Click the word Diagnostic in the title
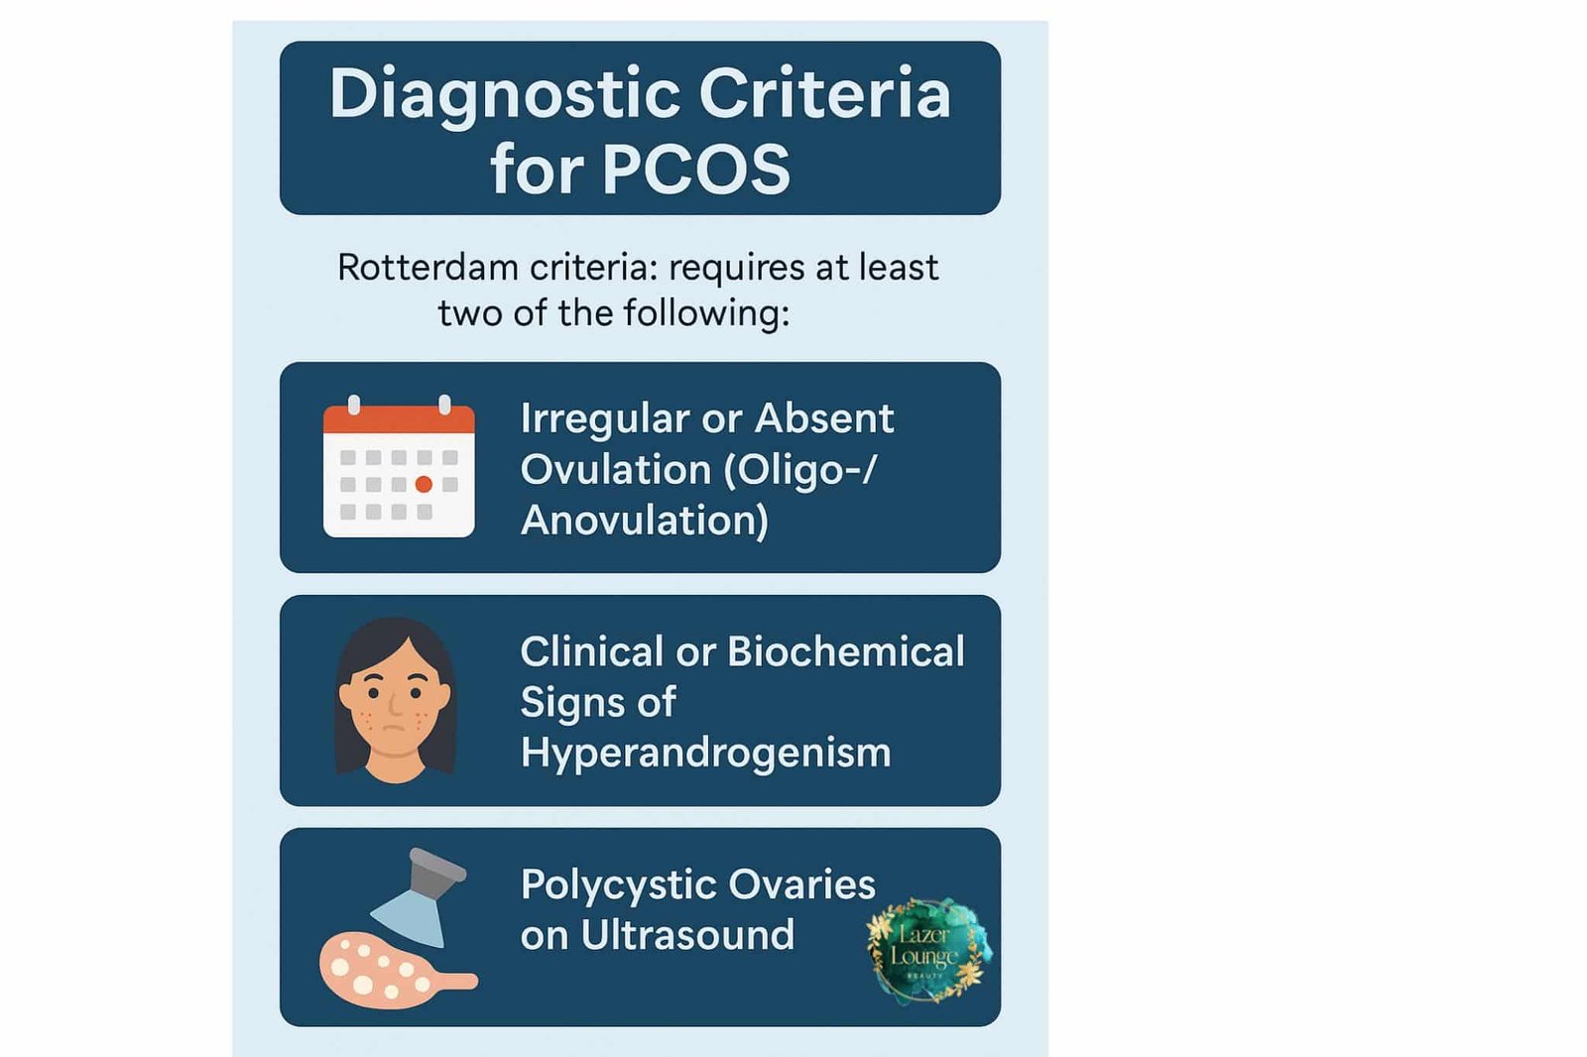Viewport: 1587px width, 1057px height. [504, 96]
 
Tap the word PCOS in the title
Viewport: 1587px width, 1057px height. [695, 169]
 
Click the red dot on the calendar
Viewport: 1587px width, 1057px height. [424, 484]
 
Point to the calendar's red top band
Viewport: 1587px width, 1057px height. [399, 419]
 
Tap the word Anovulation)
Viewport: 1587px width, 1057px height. [645, 521]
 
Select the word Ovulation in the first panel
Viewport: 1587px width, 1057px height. [615, 470]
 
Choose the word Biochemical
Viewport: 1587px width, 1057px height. [845, 652]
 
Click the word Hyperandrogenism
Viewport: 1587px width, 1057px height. [705, 754]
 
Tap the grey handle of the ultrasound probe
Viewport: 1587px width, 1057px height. [436, 870]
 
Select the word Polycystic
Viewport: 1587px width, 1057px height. [611, 884]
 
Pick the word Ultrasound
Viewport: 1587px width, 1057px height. [687, 935]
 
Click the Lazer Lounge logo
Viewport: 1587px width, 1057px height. [927, 951]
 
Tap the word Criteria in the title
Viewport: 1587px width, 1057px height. [824, 96]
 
